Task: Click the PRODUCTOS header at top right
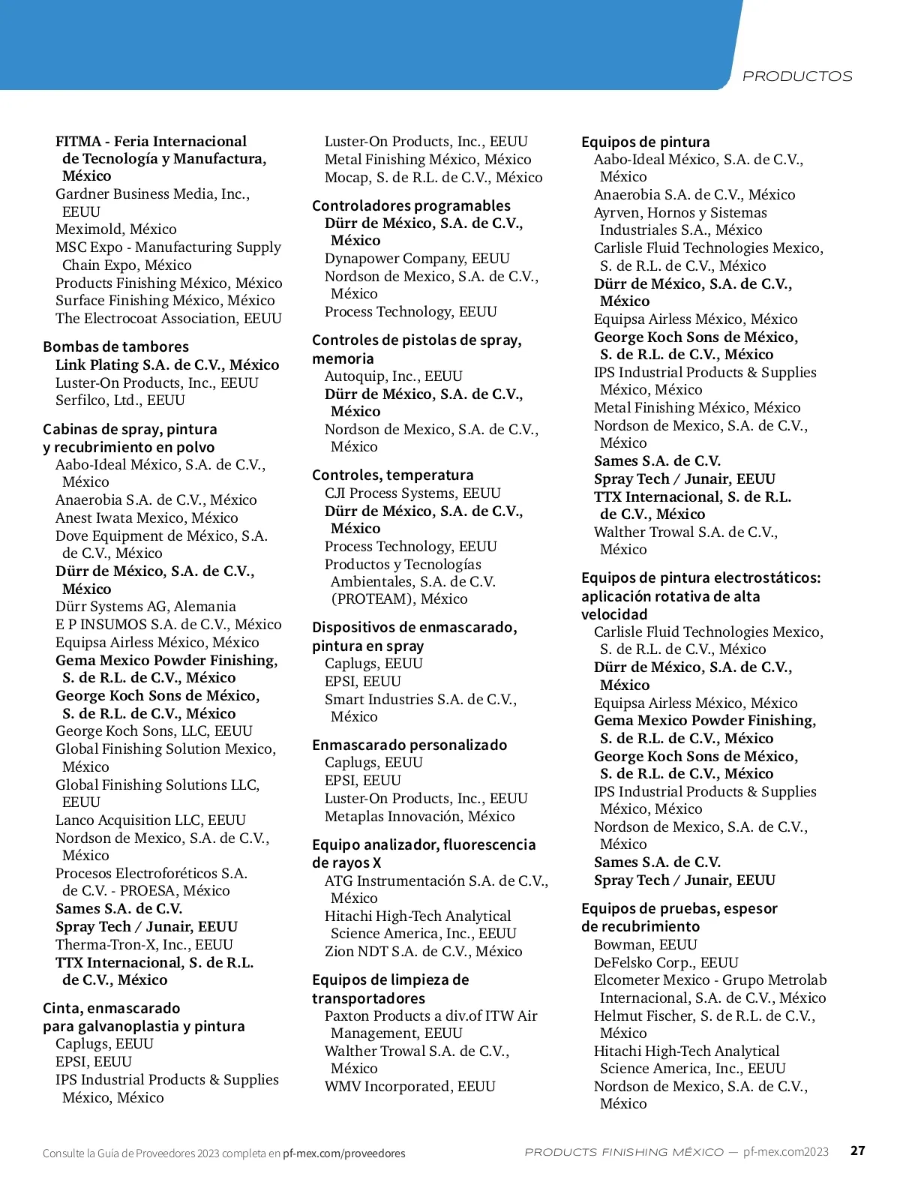click(796, 76)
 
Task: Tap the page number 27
click(857, 1150)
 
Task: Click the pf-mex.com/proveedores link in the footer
click(343, 1153)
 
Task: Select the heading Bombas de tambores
click(115, 346)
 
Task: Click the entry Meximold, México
click(116, 229)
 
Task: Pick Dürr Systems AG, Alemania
click(145, 606)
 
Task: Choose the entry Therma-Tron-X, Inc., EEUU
click(144, 944)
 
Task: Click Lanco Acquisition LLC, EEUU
click(151, 820)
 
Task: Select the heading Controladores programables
click(411, 205)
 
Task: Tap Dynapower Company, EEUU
click(417, 258)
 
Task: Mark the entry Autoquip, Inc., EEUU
click(394, 376)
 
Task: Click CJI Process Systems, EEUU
click(412, 493)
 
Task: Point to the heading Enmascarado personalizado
click(409, 745)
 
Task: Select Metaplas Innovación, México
click(420, 816)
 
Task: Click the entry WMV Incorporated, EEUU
click(410, 1086)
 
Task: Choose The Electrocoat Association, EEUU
click(169, 318)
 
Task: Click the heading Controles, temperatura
click(393, 475)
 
